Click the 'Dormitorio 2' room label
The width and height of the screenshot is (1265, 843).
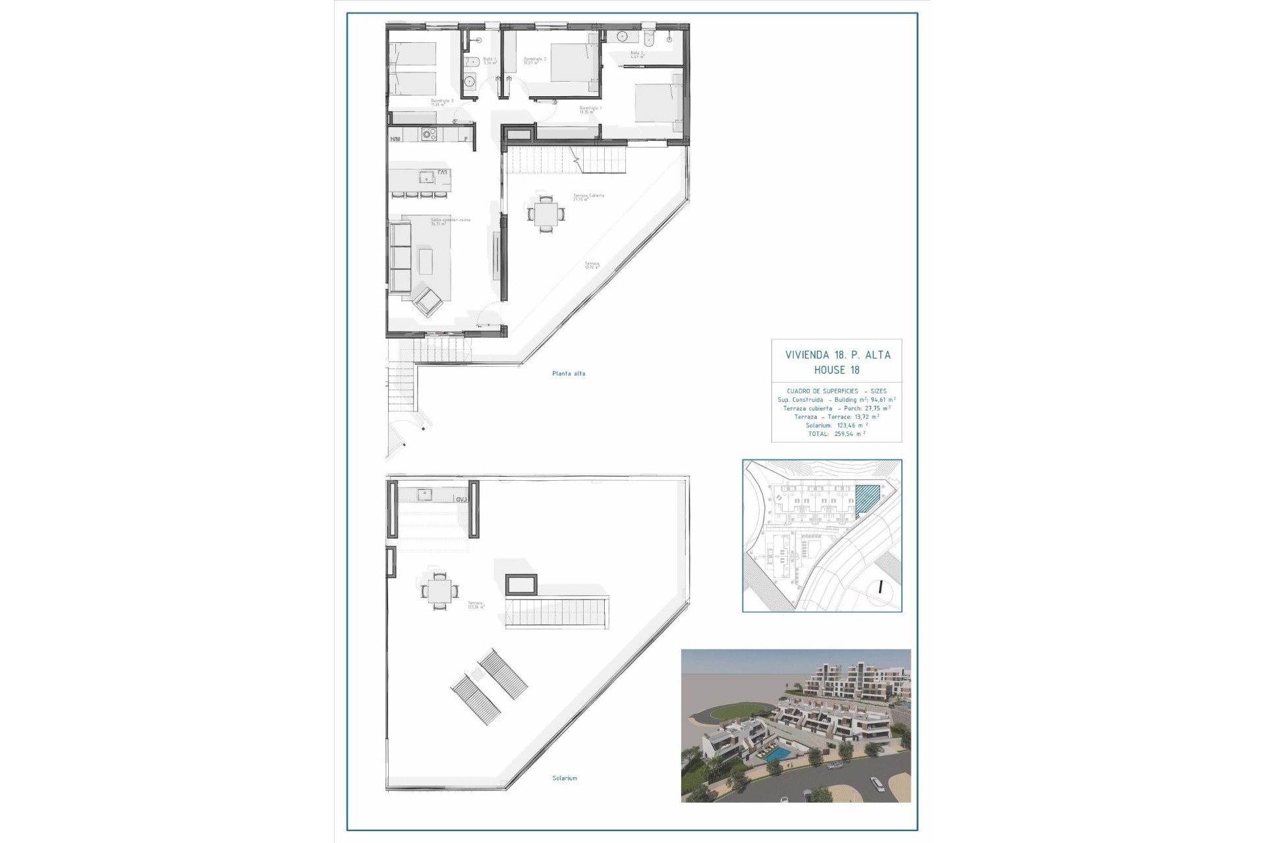tap(534, 60)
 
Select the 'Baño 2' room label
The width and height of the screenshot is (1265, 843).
tap(636, 55)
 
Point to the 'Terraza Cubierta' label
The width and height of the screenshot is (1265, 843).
tap(588, 197)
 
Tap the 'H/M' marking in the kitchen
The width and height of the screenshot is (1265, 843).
tap(395, 139)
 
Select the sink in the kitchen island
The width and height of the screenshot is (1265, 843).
tap(427, 177)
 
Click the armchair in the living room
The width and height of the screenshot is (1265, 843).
tap(428, 302)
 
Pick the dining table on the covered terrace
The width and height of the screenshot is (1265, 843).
tap(546, 213)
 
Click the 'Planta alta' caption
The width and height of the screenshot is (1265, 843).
tap(569, 373)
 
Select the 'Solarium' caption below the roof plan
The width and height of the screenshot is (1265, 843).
tap(565, 778)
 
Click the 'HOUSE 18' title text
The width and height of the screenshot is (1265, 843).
tap(837, 370)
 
